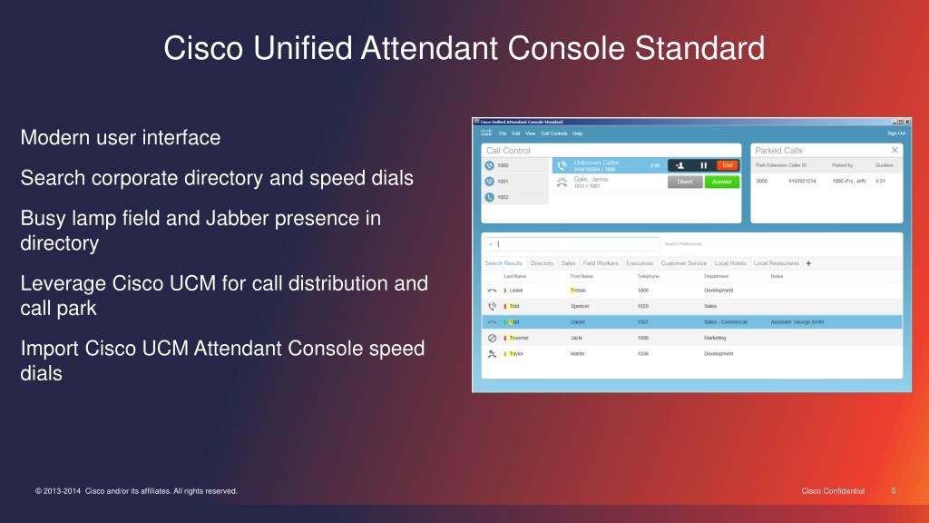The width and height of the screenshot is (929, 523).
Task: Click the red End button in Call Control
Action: coord(726,165)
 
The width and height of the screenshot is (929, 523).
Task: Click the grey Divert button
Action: coord(685,182)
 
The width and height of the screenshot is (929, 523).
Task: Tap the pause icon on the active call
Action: coord(703,165)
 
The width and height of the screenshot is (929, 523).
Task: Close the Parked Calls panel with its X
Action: coord(895,150)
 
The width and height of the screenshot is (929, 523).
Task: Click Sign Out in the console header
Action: coord(895,133)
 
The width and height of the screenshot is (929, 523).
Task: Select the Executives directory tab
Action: coord(640,263)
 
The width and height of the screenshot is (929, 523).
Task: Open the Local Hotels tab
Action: coord(729,263)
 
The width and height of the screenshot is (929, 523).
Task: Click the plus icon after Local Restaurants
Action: coord(808,263)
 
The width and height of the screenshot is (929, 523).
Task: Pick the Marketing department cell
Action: coord(716,338)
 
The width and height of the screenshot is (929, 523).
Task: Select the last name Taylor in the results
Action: coord(516,353)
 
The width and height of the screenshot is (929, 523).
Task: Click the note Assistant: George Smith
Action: coord(797,321)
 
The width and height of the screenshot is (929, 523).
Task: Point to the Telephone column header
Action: coord(648,276)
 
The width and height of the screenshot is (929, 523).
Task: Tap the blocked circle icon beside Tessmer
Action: coord(492,338)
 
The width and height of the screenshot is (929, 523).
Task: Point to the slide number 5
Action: coord(894,491)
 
